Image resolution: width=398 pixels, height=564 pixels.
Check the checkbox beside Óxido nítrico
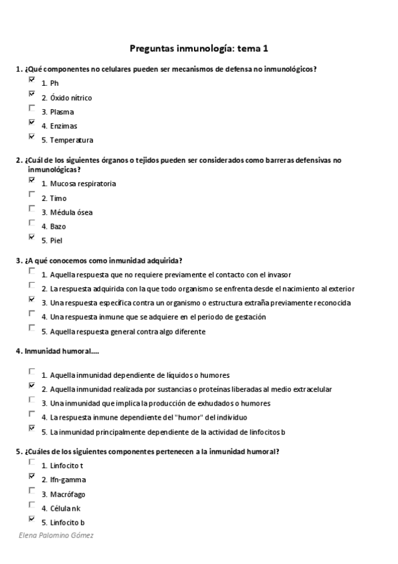32,94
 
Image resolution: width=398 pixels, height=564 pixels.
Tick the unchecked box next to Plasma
32,108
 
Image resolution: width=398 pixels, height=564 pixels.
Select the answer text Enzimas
63,126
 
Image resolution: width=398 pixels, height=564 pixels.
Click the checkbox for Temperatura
32,137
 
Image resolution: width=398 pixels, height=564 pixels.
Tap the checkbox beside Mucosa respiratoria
32,180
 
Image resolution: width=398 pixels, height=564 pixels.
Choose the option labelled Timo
58,198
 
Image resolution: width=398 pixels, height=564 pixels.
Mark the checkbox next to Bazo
32,223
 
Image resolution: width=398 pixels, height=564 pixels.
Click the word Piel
56,240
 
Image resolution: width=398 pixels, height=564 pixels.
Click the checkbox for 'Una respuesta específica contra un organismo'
32,300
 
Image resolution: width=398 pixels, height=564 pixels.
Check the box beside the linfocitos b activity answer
32,429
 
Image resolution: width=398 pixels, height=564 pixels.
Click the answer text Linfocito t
66,466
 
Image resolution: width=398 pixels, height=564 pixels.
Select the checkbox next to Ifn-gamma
32,476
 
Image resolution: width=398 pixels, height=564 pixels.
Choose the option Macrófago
67,494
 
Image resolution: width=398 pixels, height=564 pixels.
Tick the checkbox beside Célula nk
32,505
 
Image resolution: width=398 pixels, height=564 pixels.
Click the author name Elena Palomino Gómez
56,535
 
